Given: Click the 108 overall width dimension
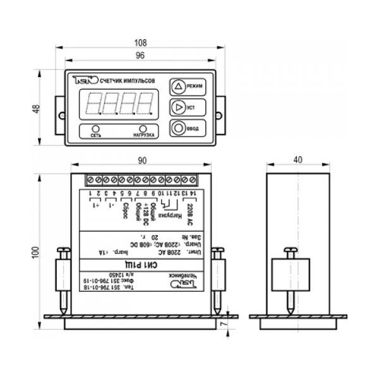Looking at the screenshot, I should click(x=140, y=42).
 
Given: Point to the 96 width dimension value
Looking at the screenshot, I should click(x=140, y=56).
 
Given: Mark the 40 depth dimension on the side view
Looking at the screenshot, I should click(x=298, y=160).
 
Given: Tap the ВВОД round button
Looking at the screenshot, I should click(x=179, y=128).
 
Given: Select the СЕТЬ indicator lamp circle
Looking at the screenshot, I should click(x=96, y=128).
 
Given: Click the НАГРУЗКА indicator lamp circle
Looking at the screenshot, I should click(x=145, y=128).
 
